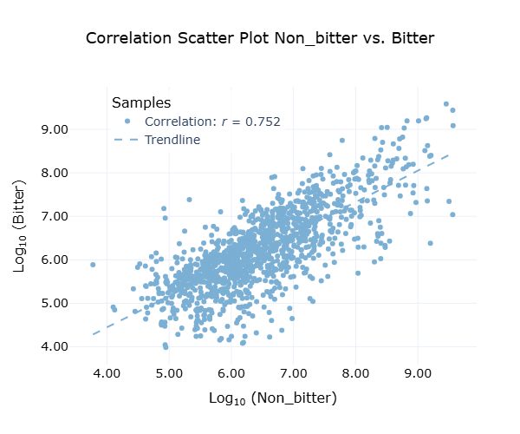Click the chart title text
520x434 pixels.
point(260,39)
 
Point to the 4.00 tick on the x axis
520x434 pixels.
point(107,373)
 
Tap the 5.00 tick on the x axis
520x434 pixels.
point(169,373)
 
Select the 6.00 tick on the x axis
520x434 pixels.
point(231,373)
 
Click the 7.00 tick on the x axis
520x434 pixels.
point(293,373)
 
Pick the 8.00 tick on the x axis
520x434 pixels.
point(355,373)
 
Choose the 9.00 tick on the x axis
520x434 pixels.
point(418,373)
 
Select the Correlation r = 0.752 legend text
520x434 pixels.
point(212,122)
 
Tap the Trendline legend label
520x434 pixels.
point(172,140)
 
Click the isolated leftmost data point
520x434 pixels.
point(93,264)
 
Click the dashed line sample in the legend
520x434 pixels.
point(127,140)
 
